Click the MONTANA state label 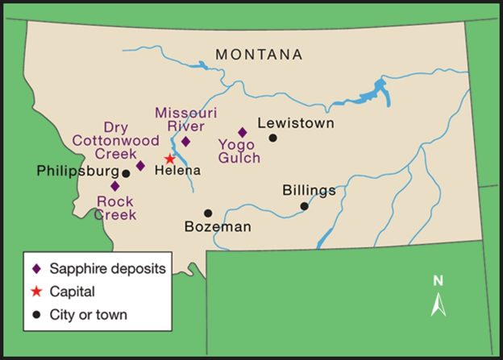259,55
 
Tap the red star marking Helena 170,159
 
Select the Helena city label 177,171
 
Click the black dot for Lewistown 272,138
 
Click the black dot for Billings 304,206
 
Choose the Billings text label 309,191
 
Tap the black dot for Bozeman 208,213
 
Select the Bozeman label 218,227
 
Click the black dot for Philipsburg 126,173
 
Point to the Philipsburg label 77,172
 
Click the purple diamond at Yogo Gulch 242,132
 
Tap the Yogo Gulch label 239,151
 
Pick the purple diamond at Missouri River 185,141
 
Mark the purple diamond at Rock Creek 115,185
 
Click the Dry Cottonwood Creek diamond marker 140,166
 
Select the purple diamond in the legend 36,268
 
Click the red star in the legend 36,291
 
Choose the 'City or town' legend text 88,313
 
